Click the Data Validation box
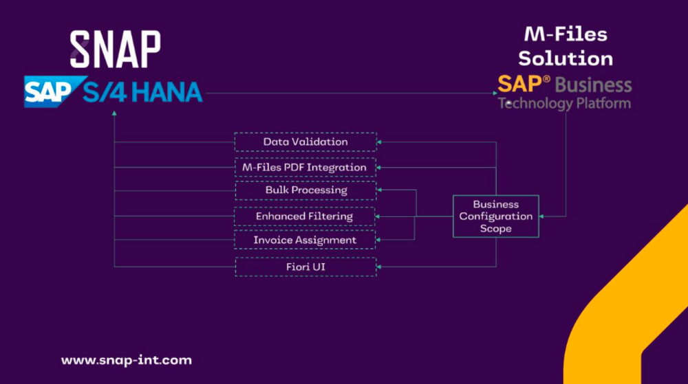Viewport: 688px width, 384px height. [305, 142]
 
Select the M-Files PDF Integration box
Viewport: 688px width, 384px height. [305, 167]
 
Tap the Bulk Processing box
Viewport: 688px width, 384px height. [305, 190]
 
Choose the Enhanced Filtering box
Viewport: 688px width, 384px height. [305, 216]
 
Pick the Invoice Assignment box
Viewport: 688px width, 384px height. [305, 240]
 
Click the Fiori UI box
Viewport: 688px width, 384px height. [305, 267]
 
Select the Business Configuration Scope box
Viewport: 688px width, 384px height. [495, 216]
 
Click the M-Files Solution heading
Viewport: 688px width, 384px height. [566, 46]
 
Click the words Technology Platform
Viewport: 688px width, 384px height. [564, 104]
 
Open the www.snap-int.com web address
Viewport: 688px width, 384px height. [127, 360]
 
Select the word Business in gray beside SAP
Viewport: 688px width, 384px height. [593, 85]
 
